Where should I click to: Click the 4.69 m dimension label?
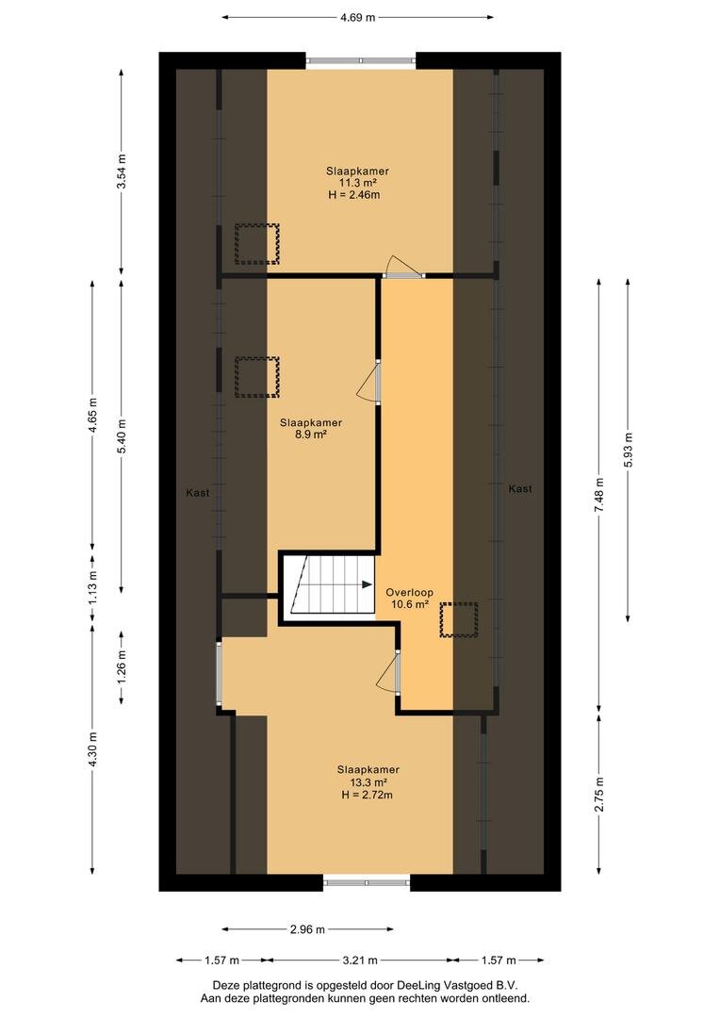[357, 18]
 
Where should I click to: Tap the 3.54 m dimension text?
[122, 172]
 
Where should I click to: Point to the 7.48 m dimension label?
[598, 496]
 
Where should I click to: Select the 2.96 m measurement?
[307, 929]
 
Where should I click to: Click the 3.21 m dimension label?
[359, 960]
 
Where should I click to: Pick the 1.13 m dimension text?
[93, 587]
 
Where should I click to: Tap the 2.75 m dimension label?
[598, 794]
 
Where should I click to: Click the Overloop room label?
[409, 592]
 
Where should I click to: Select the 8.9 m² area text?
[310, 435]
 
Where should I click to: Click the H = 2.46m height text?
[354, 195]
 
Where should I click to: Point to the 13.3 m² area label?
[368, 782]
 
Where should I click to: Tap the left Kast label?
[198, 493]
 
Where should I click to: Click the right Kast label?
[520, 489]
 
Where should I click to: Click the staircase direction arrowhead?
[367, 584]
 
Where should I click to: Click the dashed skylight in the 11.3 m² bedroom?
[257, 244]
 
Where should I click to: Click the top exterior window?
[360, 60]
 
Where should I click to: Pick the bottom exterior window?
[367, 882]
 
